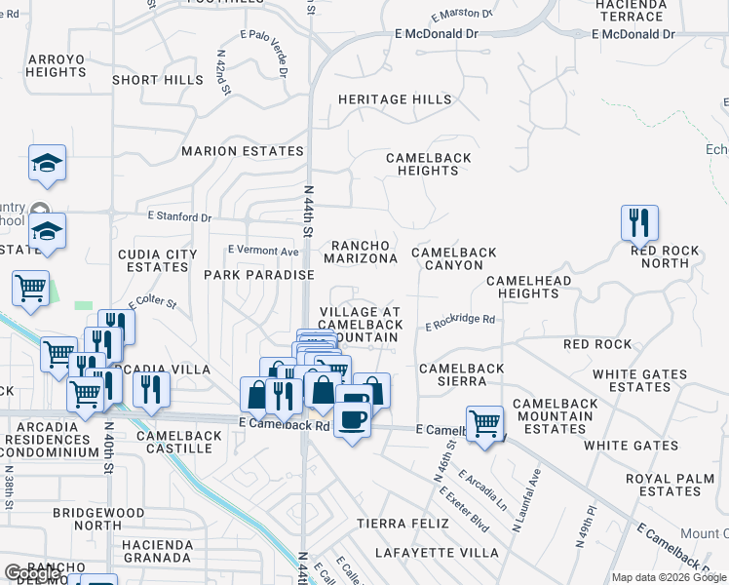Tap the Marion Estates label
243,151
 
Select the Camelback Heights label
428,164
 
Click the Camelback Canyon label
453,258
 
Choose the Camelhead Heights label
522,287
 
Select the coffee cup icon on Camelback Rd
352,419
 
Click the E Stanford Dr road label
179,217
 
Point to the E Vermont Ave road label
263,251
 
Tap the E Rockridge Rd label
460,319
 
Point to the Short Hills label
150,80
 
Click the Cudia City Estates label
151,260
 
